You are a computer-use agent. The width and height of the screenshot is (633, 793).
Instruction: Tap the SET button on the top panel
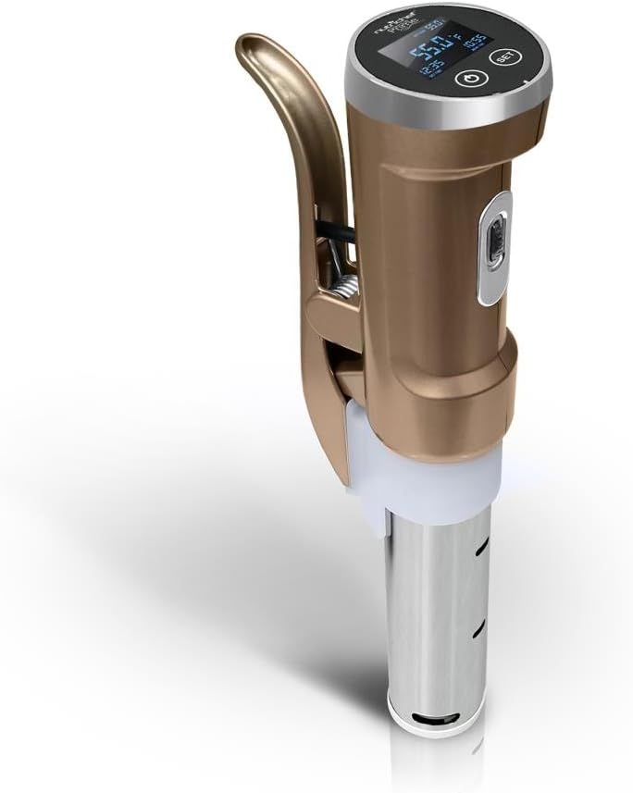click(504, 56)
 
